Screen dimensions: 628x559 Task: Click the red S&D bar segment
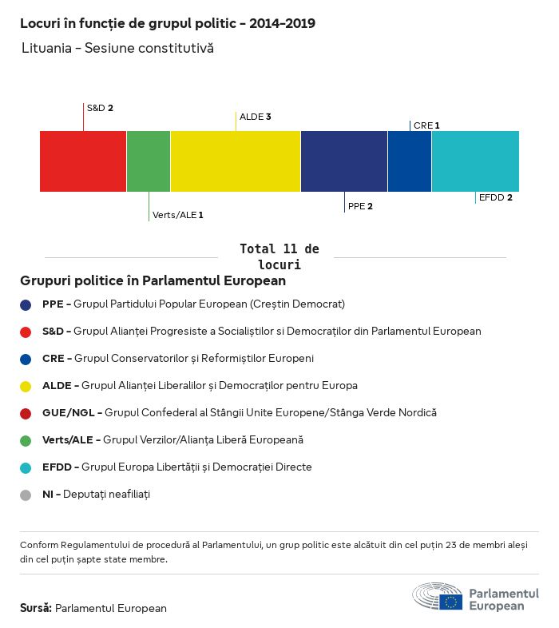point(83,161)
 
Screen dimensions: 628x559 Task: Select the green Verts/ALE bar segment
point(149,161)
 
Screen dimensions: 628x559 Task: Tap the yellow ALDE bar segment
point(236,161)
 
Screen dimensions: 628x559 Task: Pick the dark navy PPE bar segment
point(344,161)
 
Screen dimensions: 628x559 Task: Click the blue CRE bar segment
point(410,161)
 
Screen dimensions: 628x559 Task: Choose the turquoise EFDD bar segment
point(475,161)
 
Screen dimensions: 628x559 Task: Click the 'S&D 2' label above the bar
point(100,107)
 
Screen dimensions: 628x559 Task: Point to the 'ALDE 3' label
point(256,117)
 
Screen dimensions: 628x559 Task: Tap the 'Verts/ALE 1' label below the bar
point(178,215)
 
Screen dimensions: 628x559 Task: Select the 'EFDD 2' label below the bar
point(495,197)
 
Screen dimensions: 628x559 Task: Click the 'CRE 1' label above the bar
point(426,125)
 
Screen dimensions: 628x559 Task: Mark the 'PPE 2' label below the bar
point(360,206)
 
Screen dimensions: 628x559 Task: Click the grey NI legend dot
point(26,495)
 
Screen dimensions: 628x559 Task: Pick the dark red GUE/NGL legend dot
point(26,413)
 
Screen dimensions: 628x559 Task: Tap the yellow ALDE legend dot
point(26,386)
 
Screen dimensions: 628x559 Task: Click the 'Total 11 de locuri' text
point(279,256)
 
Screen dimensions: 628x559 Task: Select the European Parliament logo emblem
point(437,597)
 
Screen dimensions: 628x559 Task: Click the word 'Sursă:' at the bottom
point(36,608)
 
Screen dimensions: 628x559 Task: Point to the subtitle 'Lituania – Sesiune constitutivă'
point(118,49)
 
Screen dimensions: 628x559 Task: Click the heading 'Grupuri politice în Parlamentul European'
point(153,281)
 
